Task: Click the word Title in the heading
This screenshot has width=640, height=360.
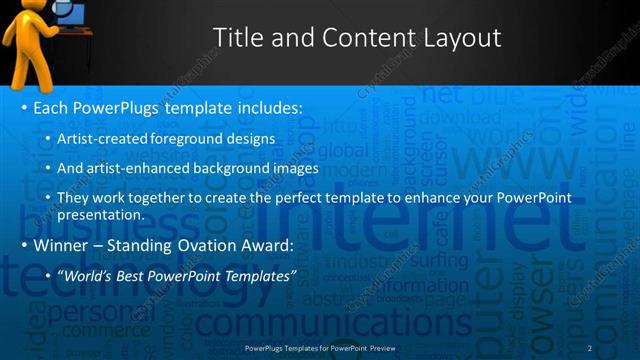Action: (x=240, y=39)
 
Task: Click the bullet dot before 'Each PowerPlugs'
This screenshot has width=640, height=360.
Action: (x=24, y=107)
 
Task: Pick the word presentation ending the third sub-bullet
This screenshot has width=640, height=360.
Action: (x=101, y=214)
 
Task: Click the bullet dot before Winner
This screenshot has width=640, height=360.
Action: (x=24, y=245)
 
